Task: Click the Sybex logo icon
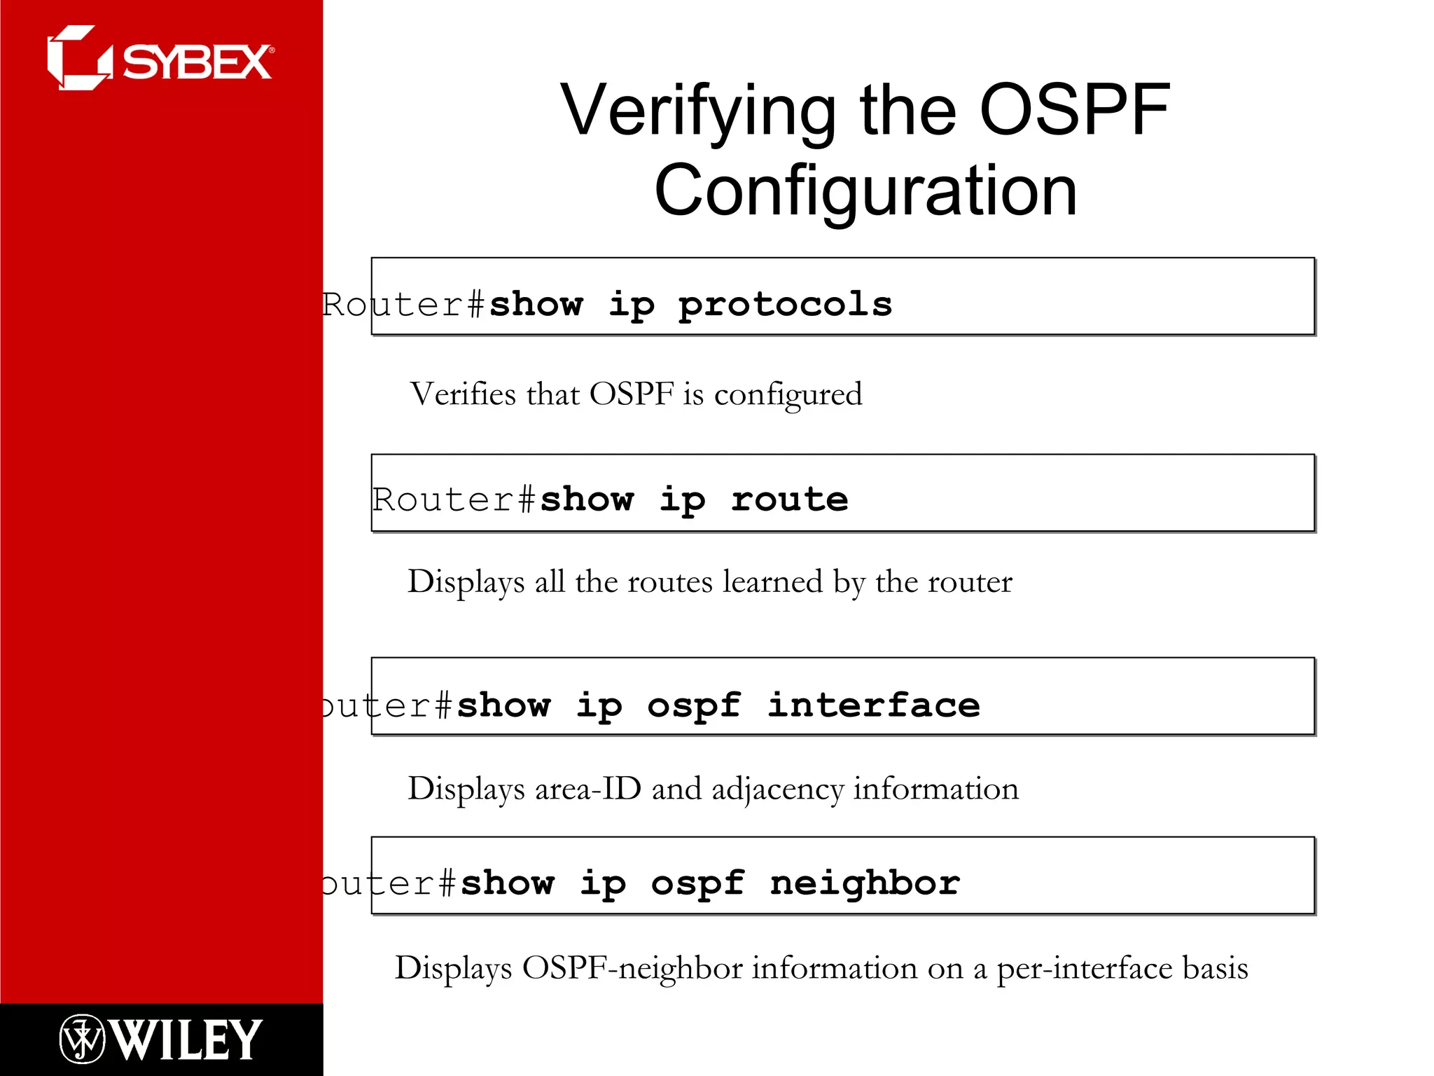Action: tap(78, 58)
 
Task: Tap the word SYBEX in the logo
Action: tap(197, 62)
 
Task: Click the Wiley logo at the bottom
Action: tap(161, 1039)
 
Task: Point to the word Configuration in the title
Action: tap(865, 191)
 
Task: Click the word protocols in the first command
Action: tap(785, 305)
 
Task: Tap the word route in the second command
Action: tap(789, 499)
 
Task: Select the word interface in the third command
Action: tap(873, 705)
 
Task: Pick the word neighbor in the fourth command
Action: tap(865, 883)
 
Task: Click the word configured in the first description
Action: tap(788, 395)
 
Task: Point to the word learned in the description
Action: tap(772, 582)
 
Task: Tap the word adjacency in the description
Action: tap(777, 790)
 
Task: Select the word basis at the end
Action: tap(1215, 968)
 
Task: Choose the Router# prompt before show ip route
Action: tap(454, 500)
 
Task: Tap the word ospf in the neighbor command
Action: tap(697, 884)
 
